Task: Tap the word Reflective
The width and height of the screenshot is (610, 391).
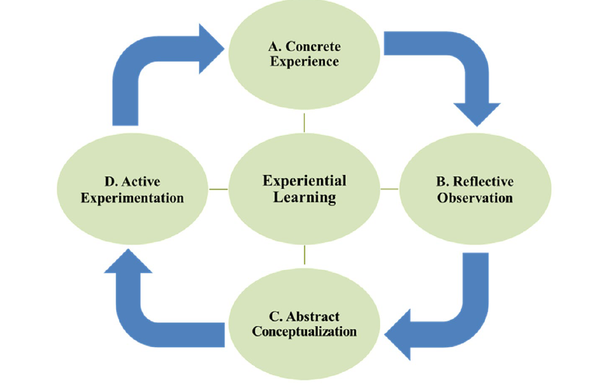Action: pos(483,182)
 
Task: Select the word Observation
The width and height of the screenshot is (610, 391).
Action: pos(475,197)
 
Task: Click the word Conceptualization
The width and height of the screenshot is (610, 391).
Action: pos(304,331)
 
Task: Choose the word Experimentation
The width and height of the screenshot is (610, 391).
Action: pos(132,198)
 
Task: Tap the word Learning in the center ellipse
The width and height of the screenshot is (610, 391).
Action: pos(305,197)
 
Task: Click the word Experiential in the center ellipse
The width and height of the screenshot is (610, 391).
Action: pos(305,181)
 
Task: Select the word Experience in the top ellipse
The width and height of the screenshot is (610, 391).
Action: pos(305,62)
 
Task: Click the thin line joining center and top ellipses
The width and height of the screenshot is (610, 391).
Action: pos(304,123)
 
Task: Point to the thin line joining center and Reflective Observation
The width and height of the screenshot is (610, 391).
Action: pos(389,189)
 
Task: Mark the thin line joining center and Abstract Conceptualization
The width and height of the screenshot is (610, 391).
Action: pos(304,255)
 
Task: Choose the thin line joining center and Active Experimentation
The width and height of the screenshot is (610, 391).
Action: pos(218,189)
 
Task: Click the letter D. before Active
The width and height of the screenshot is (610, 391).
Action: pos(110,182)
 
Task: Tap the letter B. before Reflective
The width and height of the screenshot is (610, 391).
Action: pos(442,182)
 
